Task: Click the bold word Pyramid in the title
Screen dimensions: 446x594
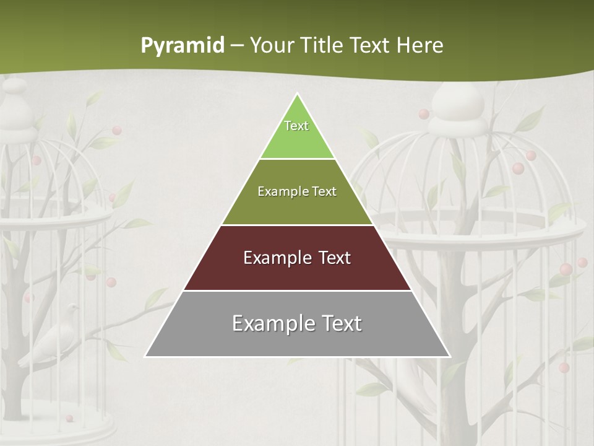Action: (x=182, y=46)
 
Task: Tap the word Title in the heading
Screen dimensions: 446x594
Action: (x=325, y=46)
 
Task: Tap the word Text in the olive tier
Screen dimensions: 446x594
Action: (x=324, y=191)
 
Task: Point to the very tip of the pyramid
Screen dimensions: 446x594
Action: (x=297, y=95)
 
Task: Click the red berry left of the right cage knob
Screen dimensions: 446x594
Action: (x=423, y=114)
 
